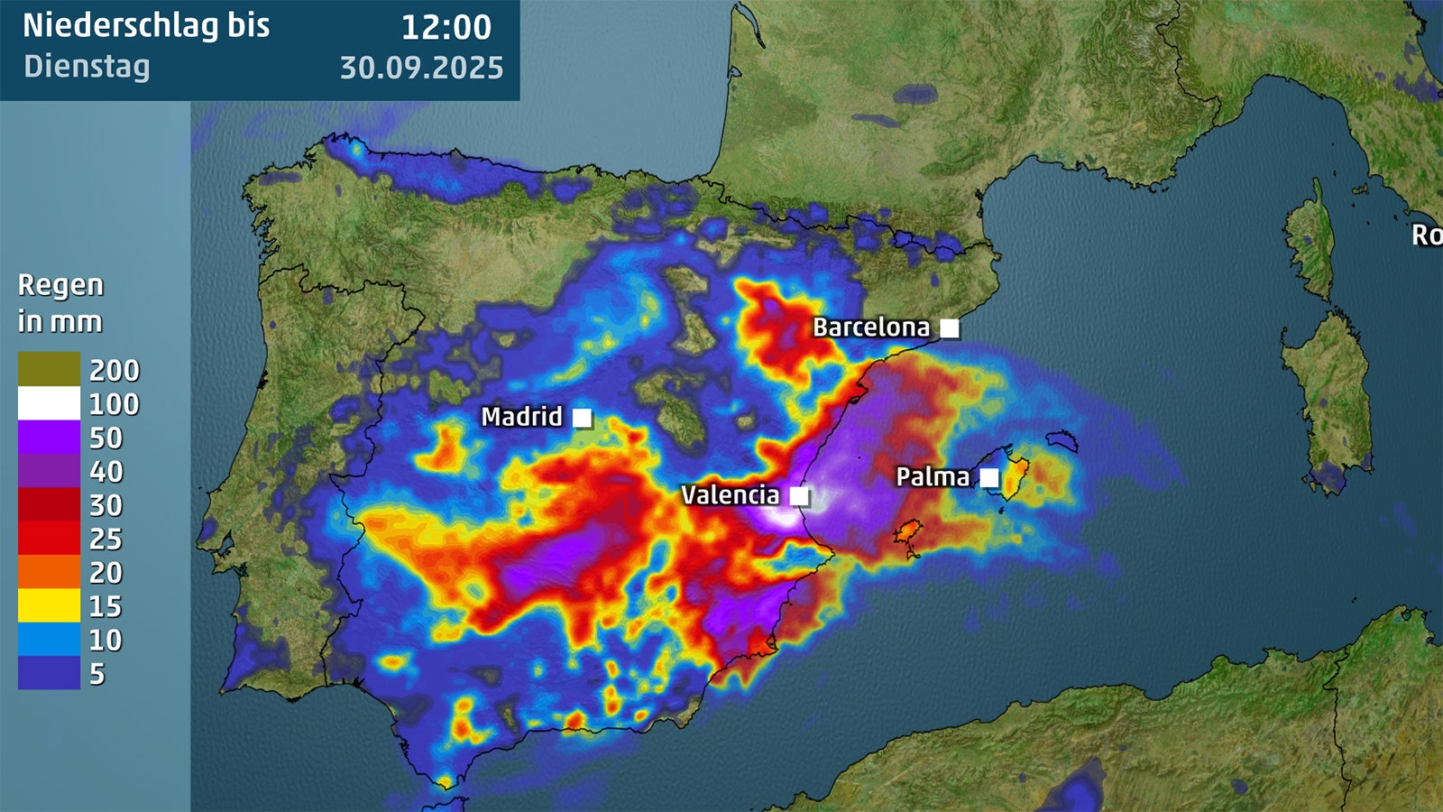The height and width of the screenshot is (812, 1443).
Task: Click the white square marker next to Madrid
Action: click(582, 418)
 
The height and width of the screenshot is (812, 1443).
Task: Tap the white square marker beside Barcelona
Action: click(950, 328)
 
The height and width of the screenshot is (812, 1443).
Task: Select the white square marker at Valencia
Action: click(799, 496)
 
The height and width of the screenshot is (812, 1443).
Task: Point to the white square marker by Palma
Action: click(989, 477)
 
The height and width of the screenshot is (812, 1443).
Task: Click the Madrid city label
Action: click(521, 417)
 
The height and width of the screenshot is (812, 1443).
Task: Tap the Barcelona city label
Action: click(870, 328)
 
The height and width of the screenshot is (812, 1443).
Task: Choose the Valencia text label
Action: click(730, 495)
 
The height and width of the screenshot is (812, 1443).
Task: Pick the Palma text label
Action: click(933, 476)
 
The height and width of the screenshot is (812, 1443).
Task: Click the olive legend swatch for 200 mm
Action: click(49, 369)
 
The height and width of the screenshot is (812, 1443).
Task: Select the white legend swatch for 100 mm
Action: click(49, 403)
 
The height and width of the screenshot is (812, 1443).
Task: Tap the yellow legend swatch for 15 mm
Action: click(49, 605)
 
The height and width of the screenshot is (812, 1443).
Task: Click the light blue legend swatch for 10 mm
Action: click(49, 640)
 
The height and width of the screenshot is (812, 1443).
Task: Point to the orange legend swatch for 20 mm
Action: click(49, 572)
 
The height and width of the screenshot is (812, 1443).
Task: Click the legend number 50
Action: click(106, 438)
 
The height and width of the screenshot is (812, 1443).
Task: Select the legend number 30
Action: click(106, 505)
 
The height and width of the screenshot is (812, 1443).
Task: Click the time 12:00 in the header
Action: click(446, 27)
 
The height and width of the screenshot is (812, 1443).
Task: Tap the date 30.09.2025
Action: click(421, 68)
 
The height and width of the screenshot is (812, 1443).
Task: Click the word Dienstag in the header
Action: click(87, 67)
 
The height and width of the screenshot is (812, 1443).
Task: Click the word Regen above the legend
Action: click(60, 285)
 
